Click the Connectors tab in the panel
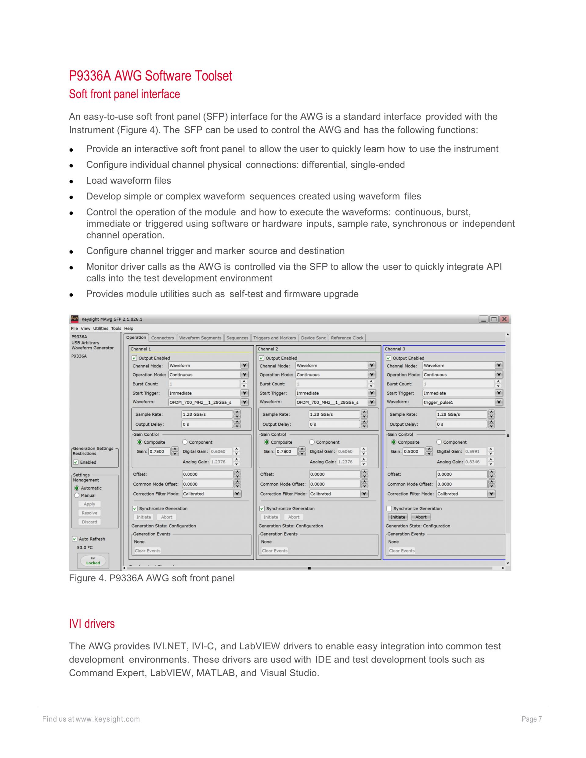click(x=162, y=338)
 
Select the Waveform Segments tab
click(x=200, y=338)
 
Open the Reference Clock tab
click(x=347, y=338)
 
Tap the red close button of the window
click(x=505, y=319)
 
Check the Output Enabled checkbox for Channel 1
click(x=135, y=358)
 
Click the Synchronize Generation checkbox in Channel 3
click(x=389, y=508)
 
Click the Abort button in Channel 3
click(x=421, y=517)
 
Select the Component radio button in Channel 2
click(x=312, y=442)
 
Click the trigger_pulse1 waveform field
click(x=458, y=402)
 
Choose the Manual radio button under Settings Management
click(x=77, y=495)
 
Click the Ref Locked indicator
click(x=93, y=561)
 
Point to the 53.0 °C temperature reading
click(x=85, y=547)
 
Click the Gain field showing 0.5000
click(x=413, y=452)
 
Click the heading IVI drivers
click(x=92, y=624)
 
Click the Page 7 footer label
click(x=531, y=719)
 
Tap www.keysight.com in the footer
click(x=108, y=719)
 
